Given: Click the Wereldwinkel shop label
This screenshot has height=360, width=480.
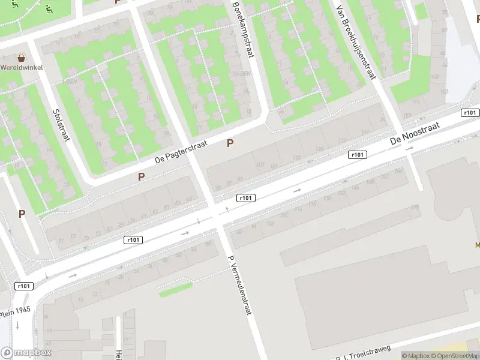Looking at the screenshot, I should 21,67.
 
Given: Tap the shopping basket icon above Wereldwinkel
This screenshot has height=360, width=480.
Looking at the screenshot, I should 22,58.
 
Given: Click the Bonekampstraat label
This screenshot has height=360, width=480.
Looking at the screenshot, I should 243,28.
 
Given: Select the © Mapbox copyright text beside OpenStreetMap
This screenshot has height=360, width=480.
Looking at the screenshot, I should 415,356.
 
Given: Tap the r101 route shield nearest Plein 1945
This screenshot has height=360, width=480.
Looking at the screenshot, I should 23,286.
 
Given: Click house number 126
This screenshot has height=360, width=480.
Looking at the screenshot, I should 319,149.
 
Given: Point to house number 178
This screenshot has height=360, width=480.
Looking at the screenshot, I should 415,208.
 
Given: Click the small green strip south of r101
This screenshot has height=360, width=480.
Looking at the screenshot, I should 175,290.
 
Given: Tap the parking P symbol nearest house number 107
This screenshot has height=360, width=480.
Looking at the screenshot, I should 230,143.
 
